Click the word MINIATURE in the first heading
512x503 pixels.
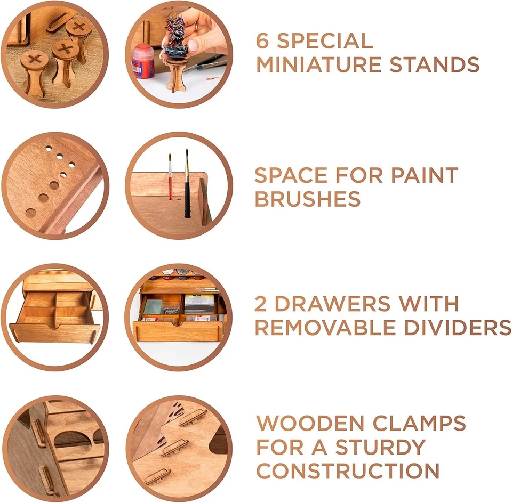click(318, 65)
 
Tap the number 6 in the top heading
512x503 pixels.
click(263, 41)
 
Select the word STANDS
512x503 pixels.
click(434, 65)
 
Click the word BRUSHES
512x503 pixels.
click(308, 199)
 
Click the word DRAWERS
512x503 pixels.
click(337, 304)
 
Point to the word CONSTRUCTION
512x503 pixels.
click(348, 472)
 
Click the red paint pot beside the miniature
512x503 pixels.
click(143, 61)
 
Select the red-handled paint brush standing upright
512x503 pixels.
click(170, 179)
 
